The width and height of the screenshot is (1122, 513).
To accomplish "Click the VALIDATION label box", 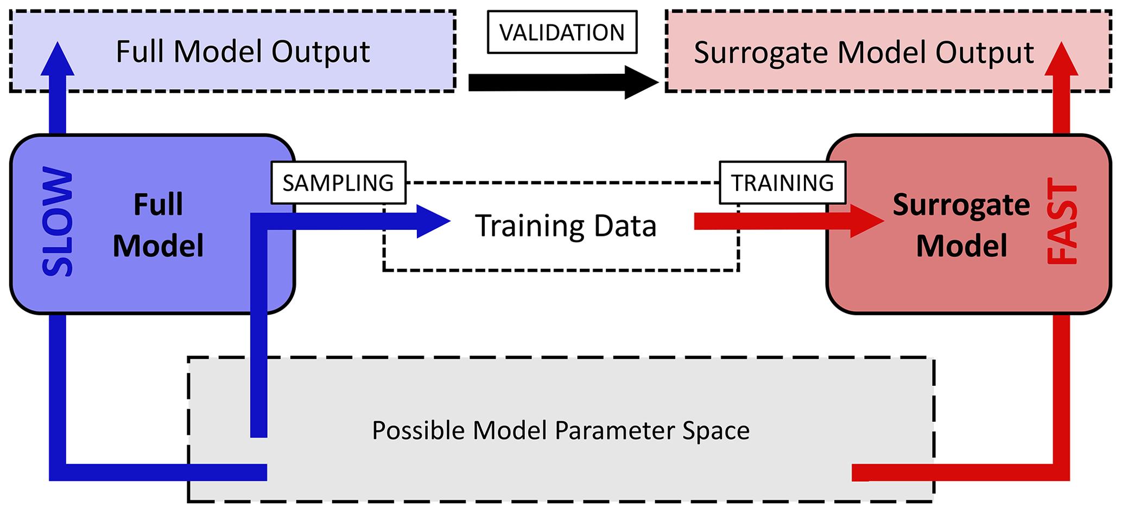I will (x=562, y=33).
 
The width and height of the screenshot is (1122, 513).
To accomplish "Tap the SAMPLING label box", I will (x=338, y=183).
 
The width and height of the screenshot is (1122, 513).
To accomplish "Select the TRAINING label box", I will (x=782, y=183).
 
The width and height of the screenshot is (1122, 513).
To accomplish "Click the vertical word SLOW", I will (x=58, y=222).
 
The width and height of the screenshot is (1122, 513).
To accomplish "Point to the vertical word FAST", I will (x=1062, y=222).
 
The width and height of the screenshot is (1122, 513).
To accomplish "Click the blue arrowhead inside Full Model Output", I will (x=58, y=60).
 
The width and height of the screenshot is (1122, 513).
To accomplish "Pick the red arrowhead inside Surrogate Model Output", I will (x=1061, y=60).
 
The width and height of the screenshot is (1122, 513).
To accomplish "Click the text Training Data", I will (x=566, y=226).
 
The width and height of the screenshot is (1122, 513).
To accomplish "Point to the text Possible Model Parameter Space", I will (x=561, y=431).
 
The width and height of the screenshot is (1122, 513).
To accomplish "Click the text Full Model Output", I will (x=243, y=52).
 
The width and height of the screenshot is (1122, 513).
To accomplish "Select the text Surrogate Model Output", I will (x=864, y=53).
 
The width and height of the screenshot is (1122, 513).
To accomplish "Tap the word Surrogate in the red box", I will (x=961, y=205).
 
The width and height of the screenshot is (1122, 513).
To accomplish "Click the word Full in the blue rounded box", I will (x=158, y=205).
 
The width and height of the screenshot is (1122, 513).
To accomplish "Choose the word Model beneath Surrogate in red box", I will (x=961, y=246).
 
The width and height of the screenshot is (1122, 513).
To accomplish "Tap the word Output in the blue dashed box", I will (x=320, y=52).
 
